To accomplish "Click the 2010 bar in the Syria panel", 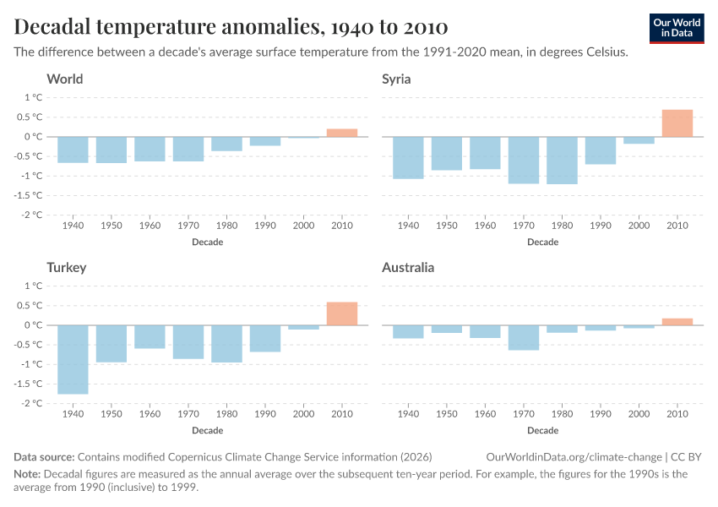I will (677, 123).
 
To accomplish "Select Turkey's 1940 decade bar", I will (73, 359).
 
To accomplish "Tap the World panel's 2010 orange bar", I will (342, 133).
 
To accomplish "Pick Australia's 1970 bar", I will (524, 337).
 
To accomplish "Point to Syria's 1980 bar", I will (562, 160).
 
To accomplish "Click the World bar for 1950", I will (112, 150).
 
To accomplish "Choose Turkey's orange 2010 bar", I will (342, 313).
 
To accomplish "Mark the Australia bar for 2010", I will (677, 321).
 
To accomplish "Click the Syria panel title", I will (397, 79).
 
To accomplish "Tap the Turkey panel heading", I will (67, 268).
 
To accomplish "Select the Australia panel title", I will (408, 268).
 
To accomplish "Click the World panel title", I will (65, 79).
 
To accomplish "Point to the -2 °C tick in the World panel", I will (32, 215).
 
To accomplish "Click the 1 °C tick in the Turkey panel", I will (34, 286).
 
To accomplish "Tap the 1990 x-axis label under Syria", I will (601, 227).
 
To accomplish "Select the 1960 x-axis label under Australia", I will (485, 416).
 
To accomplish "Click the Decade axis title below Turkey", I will (208, 430).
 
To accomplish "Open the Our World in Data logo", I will (677, 28).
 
